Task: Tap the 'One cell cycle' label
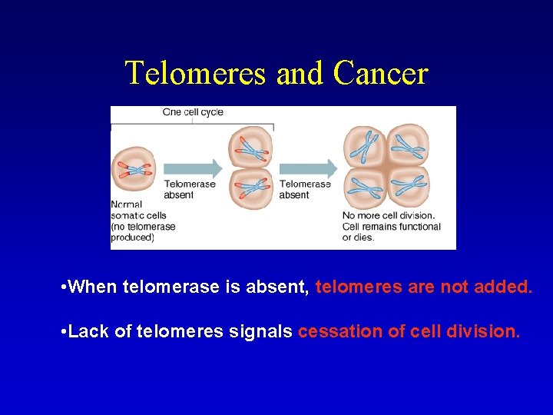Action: pos(193,112)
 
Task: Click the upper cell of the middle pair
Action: pos(250,147)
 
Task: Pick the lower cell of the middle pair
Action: pos(250,188)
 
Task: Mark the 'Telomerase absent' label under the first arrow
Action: pos(190,190)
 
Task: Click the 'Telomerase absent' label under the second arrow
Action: pos(305,190)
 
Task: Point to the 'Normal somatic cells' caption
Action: pos(143,221)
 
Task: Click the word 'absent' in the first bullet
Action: pos(282,288)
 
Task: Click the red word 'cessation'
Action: pos(333,332)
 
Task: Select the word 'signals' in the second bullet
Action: pos(265,332)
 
